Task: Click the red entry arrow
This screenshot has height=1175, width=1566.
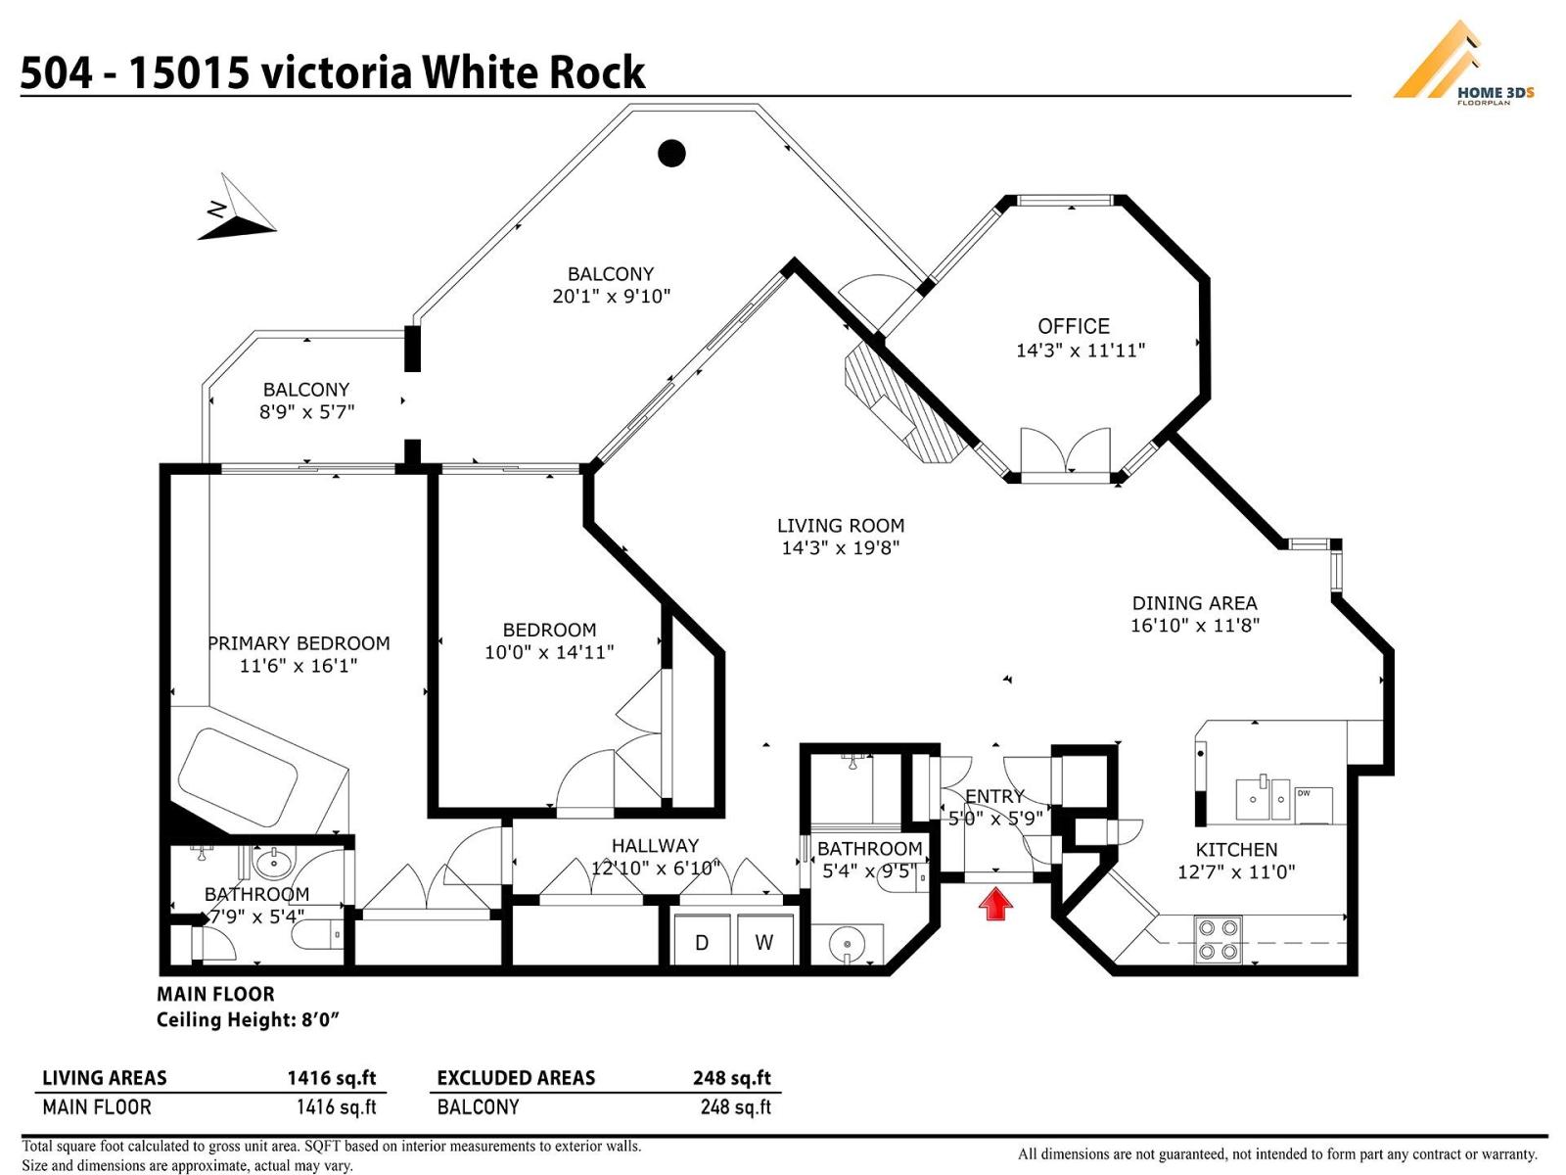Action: (x=995, y=903)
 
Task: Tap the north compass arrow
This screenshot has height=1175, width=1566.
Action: (x=238, y=210)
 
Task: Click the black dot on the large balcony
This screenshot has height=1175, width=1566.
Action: (x=671, y=153)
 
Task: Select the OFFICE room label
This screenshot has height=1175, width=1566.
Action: (x=1074, y=326)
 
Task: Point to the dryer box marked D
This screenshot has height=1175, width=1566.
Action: (x=702, y=942)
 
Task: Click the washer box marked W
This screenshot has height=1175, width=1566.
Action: (x=764, y=942)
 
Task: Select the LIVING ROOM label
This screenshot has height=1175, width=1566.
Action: (x=840, y=526)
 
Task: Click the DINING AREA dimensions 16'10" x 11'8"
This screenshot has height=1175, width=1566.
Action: (x=1194, y=626)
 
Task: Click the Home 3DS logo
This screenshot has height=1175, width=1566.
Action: (x=1462, y=64)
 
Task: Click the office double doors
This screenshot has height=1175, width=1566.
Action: (x=1065, y=453)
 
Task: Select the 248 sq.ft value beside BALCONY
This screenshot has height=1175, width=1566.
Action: (x=735, y=1107)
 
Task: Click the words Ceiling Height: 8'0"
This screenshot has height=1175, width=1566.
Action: (x=248, y=1020)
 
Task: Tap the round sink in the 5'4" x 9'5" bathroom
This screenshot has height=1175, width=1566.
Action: (x=846, y=945)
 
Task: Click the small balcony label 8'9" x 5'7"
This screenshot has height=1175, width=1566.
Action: (x=306, y=412)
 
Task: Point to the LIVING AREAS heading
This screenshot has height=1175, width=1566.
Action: (x=104, y=1078)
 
